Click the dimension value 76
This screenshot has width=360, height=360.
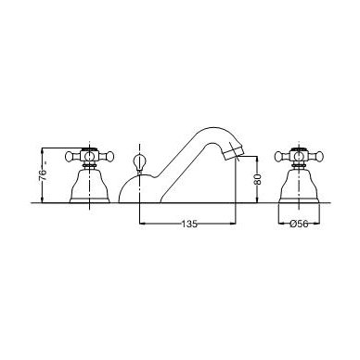[x=43, y=175]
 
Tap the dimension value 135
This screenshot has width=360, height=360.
[x=189, y=224]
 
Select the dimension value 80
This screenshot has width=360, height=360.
[x=257, y=178]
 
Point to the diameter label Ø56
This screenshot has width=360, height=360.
[x=299, y=224]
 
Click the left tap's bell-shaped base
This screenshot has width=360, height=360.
[x=90, y=186]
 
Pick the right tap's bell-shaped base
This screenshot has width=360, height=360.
[x=299, y=186]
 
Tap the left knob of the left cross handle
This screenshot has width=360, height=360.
[x=70, y=157]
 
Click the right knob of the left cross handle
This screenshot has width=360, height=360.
[x=109, y=157]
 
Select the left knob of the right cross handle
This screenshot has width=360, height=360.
[x=279, y=157]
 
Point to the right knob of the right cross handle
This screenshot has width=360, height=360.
[x=318, y=157]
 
